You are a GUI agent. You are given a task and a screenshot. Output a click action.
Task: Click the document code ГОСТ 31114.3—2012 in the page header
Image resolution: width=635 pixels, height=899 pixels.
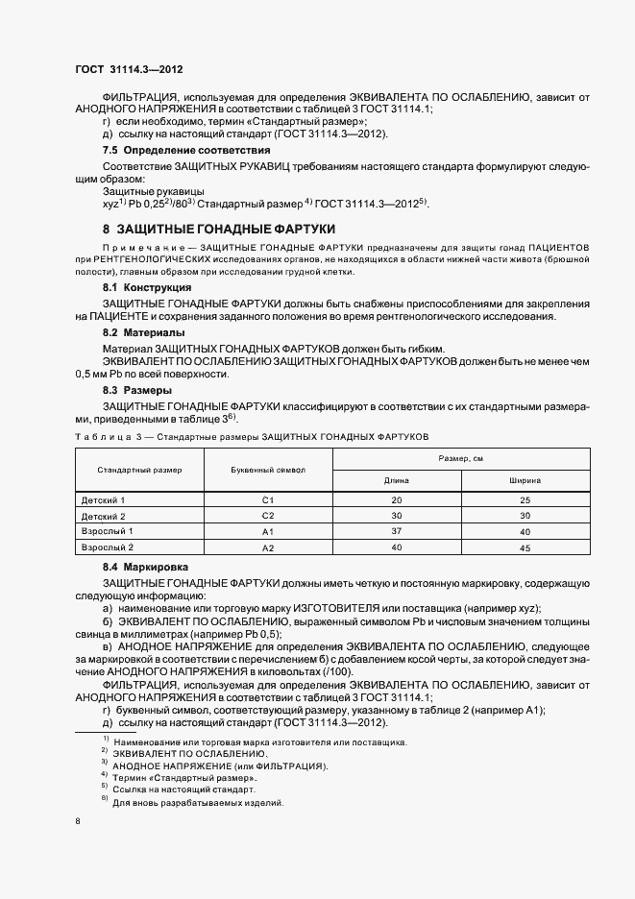(129, 69)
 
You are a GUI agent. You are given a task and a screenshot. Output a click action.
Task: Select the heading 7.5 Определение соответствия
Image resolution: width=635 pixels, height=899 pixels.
(186, 151)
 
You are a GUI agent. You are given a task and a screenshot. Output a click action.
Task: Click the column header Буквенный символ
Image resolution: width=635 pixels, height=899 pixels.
(268, 471)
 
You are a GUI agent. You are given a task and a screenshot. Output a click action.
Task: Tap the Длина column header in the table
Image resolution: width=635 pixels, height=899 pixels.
(397, 480)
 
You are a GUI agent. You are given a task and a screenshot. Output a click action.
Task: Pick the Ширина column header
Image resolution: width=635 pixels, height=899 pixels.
(525, 480)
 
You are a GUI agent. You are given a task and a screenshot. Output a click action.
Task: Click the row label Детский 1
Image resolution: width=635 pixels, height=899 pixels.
(103, 500)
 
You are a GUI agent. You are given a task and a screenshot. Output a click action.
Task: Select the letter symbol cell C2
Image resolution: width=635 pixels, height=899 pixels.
(268, 516)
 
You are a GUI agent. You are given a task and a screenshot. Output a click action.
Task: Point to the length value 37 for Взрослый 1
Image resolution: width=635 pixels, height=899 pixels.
(397, 531)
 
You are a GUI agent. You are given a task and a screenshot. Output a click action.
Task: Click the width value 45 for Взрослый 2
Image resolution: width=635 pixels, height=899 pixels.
(525, 547)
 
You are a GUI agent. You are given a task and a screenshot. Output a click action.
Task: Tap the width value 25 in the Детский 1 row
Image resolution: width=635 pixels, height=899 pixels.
(525, 500)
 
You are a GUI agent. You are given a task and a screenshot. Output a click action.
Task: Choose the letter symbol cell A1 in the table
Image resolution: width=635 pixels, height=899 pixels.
(268, 531)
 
